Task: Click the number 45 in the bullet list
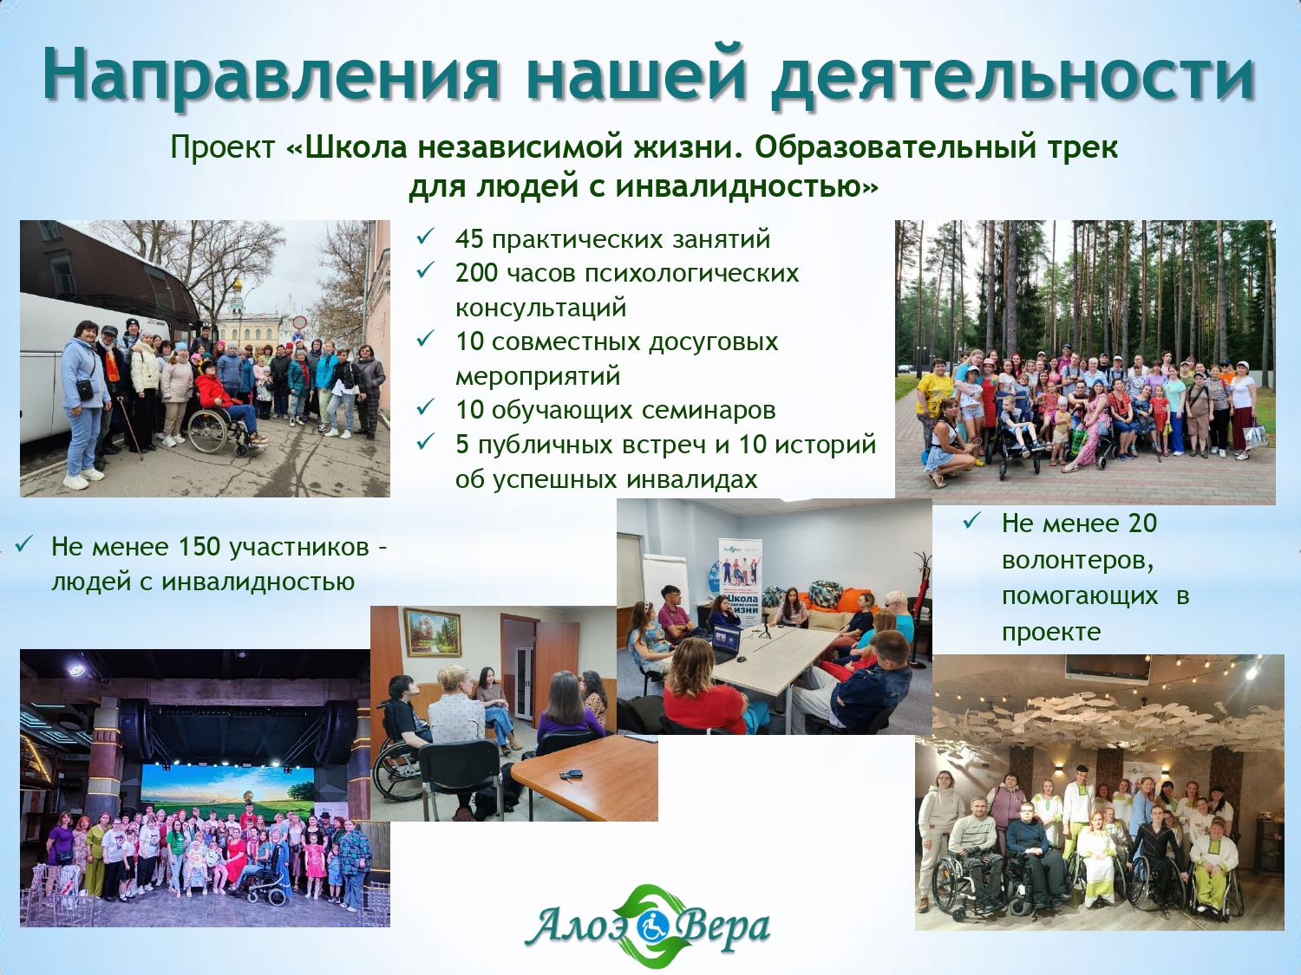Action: [469, 239]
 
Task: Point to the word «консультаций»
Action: [540, 308]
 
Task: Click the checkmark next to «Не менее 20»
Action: [972, 521]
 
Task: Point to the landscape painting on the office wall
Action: [433, 632]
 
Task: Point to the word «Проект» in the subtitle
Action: [224, 148]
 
